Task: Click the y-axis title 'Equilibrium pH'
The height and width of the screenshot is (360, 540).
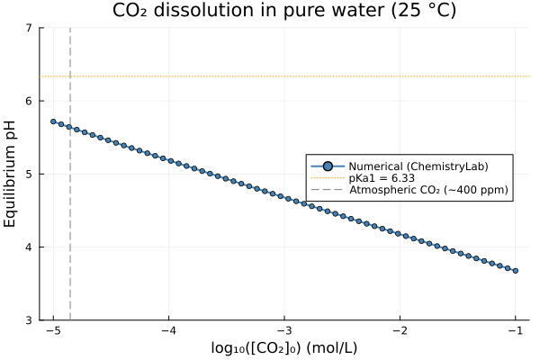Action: point(11,174)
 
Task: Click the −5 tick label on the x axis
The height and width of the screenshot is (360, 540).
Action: point(53,330)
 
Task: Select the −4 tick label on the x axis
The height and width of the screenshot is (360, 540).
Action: point(168,330)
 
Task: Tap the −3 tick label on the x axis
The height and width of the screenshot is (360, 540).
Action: point(284,330)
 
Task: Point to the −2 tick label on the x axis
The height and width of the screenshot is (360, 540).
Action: point(400,330)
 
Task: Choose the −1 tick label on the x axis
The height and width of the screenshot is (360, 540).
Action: point(515,330)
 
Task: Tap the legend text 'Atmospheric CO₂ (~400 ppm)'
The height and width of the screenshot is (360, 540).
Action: point(428,190)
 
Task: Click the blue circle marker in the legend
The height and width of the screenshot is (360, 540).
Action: point(328,166)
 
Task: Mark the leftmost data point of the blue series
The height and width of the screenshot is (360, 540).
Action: point(53,121)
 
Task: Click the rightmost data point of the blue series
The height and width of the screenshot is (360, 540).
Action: point(515,270)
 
